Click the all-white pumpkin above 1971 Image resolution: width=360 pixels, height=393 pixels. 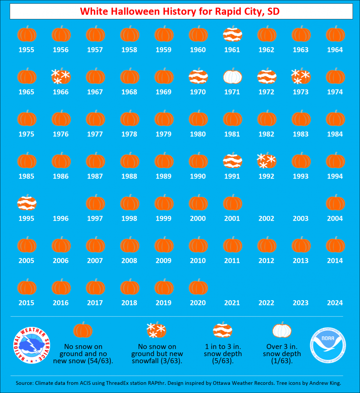tap(233, 76)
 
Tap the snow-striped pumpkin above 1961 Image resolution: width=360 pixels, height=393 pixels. tap(233, 34)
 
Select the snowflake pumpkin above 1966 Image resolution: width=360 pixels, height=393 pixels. tap(61, 76)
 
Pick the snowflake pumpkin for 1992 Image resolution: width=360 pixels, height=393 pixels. tap(267, 160)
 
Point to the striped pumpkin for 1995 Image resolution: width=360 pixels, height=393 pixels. tap(27, 202)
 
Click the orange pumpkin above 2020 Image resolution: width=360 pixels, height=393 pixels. tap(198, 287)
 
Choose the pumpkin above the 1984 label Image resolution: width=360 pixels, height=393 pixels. tap(335, 118)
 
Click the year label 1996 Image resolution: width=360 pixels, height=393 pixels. tap(61, 218)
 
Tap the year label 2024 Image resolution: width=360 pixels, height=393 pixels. tap(335, 303)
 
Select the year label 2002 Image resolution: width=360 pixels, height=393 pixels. tap(266, 218)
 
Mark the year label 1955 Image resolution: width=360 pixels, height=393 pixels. tap(27, 50)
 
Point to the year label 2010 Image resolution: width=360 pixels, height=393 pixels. tap(198, 261)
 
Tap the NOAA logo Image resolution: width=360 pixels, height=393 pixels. tap(328, 345)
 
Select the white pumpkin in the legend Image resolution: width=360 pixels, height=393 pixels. tap(282, 330)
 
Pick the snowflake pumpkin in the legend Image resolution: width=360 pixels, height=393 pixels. tap(156, 330)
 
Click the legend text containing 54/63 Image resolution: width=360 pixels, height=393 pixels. tap(83, 354)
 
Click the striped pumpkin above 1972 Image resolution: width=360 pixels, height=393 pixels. tap(267, 76)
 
